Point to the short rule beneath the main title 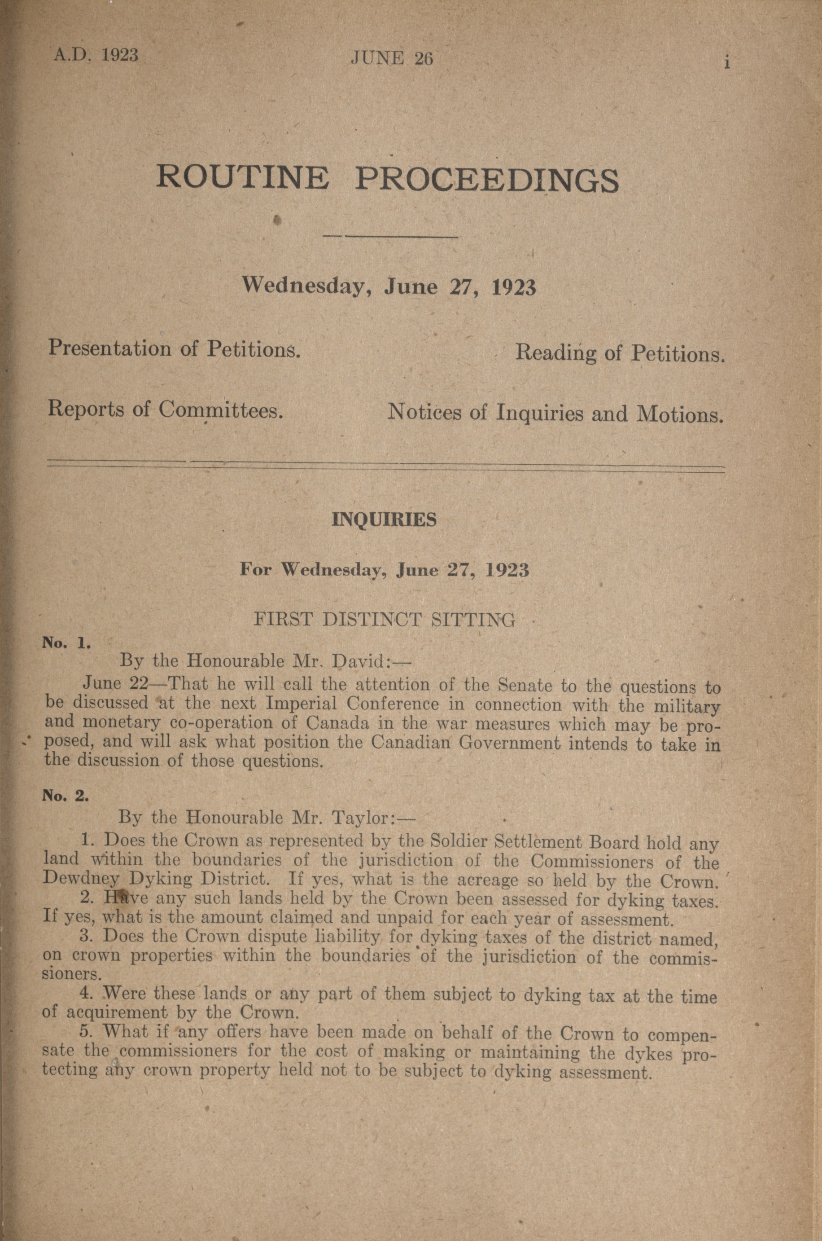tap(390, 237)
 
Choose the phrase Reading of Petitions tap(620, 354)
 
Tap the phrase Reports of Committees tap(166, 409)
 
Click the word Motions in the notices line tap(679, 414)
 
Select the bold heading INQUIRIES tap(384, 520)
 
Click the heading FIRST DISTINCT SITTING tap(384, 620)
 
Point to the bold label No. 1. tap(68, 643)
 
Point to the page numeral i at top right tap(727, 62)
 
